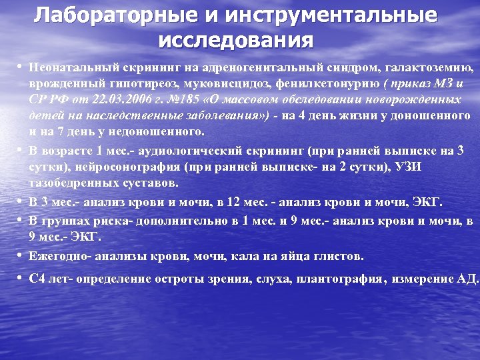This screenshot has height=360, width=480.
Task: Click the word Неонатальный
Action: pyautogui.click(x=69, y=68)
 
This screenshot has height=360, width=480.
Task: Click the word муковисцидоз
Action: pyautogui.click(x=229, y=85)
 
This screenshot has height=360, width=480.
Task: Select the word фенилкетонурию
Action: pyautogui.click(x=330, y=85)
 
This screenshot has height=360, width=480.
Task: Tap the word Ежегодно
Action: pyautogui.click(x=59, y=256)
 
